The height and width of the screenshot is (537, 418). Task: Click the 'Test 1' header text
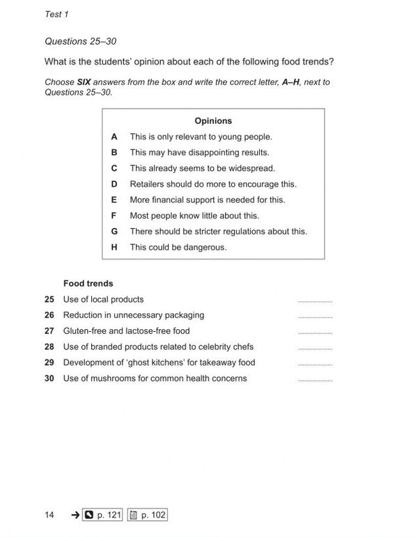[56, 14]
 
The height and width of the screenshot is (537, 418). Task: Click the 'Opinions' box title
[213, 121]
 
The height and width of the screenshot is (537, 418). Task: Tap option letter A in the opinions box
[114, 137]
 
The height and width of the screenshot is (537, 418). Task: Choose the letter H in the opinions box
[114, 247]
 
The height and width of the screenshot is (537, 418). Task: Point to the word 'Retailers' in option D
[148, 184]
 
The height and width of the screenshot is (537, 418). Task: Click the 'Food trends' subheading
[88, 284]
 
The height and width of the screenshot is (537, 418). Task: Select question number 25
[49, 299]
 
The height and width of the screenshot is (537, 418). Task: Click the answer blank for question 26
[315, 317]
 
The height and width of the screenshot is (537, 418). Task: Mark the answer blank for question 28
[315, 349]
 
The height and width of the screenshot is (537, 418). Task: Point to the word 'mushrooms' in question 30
[111, 379]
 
